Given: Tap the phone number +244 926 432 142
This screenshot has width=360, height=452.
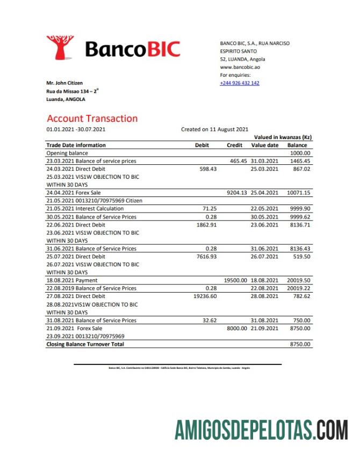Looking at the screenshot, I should (x=240, y=83).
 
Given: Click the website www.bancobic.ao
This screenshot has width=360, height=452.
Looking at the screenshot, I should (x=240, y=67).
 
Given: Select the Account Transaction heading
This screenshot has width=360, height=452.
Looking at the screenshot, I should (x=92, y=119).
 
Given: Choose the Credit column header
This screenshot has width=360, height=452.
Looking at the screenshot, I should (x=235, y=145).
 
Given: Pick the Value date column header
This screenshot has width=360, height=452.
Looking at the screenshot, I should (x=265, y=145).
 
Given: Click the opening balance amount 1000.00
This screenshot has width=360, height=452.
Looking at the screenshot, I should (x=300, y=153).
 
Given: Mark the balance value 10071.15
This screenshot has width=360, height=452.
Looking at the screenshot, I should (x=298, y=193).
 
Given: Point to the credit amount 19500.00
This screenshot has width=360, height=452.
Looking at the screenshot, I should (x=235, y=280).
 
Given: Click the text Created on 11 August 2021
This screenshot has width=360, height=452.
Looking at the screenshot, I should (x=214, y=129).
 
